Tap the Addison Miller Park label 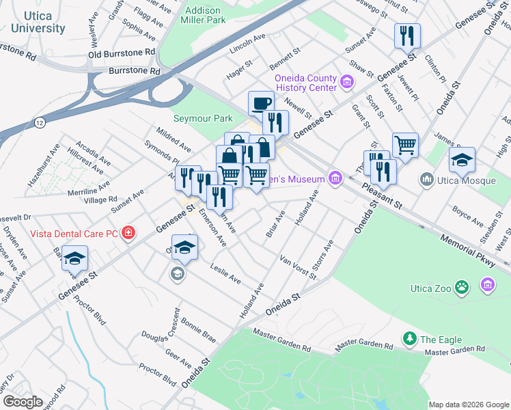(204, 15)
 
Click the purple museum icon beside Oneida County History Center (347, 83)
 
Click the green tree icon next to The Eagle (409, 339)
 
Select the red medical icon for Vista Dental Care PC (128, 233)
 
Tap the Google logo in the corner (23, 401)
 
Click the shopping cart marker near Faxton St (405, 145)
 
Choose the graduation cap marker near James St (462, 160)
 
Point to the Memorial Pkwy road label (467, 246)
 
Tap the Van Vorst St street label (298, 267)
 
